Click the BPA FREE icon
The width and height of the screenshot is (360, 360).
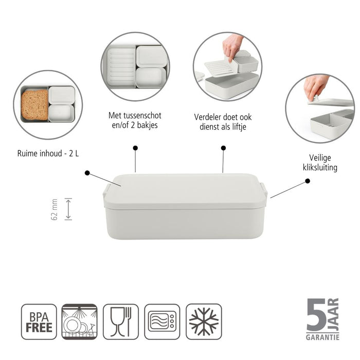pos(39,321)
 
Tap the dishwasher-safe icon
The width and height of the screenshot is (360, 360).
pos(79,321)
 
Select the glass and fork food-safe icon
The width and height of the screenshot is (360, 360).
pos(121,321)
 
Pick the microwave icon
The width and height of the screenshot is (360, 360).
pos(162,321)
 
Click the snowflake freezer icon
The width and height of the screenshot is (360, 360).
pos(204,321)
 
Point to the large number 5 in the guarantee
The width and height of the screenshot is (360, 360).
pos(316,314)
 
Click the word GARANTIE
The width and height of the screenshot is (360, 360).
pos(322,337)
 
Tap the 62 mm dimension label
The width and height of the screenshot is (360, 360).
pos(55,210)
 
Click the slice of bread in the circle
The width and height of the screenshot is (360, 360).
pos(34,104)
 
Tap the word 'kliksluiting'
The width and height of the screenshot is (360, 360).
pos(320,168)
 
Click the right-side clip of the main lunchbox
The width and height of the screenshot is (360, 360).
pos(265,190)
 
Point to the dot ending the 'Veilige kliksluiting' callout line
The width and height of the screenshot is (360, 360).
pos(308,181)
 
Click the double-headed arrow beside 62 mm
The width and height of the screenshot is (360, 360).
pos(68,210)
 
